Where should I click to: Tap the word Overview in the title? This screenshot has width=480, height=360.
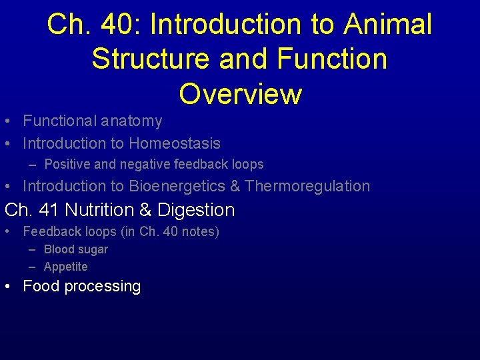point(240,94)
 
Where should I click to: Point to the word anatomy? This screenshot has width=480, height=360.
point(131,121)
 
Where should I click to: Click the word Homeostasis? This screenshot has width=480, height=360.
point(174,143)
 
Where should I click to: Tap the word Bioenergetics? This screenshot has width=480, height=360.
point(177,186)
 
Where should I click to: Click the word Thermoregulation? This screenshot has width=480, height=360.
point(307,186)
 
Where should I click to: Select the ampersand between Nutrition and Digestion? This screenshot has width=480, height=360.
point(146,210)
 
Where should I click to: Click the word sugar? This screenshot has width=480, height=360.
point(93,250)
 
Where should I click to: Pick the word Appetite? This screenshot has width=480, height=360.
point(65,267)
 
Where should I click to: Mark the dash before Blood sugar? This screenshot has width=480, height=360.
point(33,249)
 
